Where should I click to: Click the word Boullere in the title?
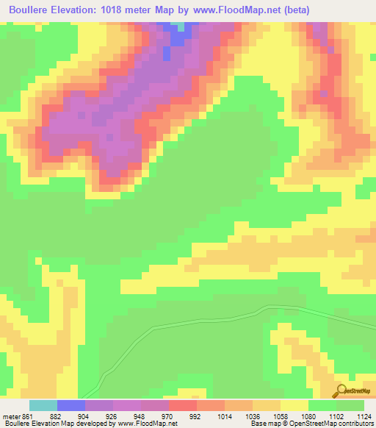click(x=30, y=10)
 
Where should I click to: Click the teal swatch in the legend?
click(x=43, y=405)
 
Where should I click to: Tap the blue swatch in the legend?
click(x=71, y=405)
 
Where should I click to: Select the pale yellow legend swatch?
click(x=294, y=405)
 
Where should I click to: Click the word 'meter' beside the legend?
click(x=11, y=415)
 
